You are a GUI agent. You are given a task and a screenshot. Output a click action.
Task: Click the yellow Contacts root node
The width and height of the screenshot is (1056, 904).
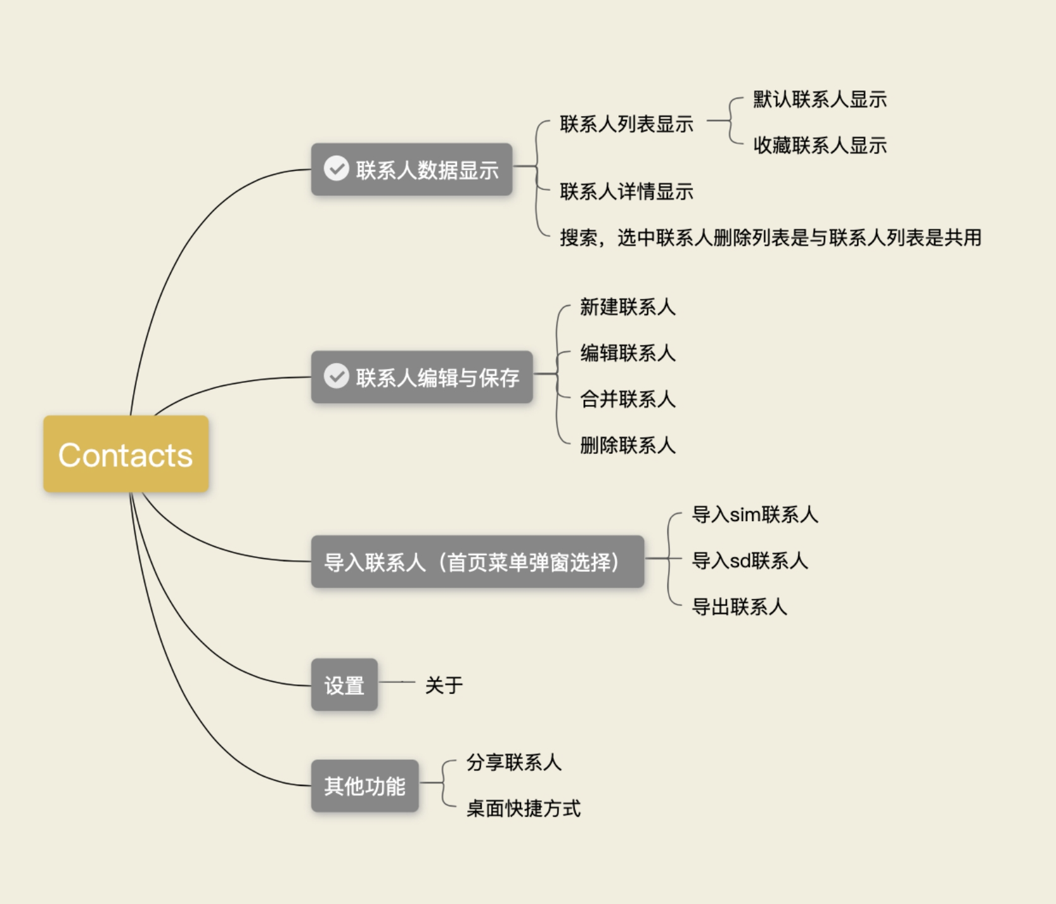[126, 454]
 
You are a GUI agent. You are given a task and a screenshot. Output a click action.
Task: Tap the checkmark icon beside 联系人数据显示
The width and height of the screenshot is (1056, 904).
[337, 168]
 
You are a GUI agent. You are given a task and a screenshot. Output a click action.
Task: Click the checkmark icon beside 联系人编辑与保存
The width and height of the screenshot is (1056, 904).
[337, 376]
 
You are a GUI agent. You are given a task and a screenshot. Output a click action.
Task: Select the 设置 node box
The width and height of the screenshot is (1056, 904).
[344, 685]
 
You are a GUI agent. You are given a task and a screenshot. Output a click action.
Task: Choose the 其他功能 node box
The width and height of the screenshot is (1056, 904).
[365, 786]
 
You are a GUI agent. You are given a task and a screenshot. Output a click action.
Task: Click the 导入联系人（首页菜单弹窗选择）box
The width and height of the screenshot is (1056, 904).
[477, 562]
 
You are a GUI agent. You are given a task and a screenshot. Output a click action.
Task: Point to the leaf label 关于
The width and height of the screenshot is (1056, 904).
[444, 685]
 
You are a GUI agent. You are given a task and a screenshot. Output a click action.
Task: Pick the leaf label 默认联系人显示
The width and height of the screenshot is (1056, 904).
[820, 99]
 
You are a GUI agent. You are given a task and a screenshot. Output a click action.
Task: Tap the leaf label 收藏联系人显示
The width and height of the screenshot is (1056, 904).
[820, 146]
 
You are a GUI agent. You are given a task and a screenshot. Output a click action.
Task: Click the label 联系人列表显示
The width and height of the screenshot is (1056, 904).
[627, 124]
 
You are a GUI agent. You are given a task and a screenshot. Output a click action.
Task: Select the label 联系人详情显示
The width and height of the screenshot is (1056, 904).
[627, 191]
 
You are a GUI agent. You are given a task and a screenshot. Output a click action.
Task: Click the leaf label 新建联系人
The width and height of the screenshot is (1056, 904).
[627, 307]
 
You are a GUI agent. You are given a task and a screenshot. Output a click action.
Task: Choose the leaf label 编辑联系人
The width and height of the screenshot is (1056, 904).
[627, 353]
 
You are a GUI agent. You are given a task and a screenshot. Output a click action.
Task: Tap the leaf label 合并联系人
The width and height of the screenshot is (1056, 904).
[627, 399]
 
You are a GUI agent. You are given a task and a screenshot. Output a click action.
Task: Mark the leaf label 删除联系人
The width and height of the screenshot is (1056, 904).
[627, 446]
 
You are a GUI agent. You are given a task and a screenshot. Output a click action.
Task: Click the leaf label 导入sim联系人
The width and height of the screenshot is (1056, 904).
[755, 515]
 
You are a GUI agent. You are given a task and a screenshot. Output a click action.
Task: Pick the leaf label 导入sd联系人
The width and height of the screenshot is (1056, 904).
[750, 561]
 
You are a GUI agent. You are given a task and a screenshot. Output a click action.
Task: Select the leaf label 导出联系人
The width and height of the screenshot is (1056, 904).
[739, 607]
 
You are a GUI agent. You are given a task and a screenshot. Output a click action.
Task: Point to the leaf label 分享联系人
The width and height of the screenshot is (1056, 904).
[514, 762]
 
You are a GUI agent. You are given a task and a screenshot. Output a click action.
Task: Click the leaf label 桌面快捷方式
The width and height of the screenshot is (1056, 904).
[523, 809]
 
